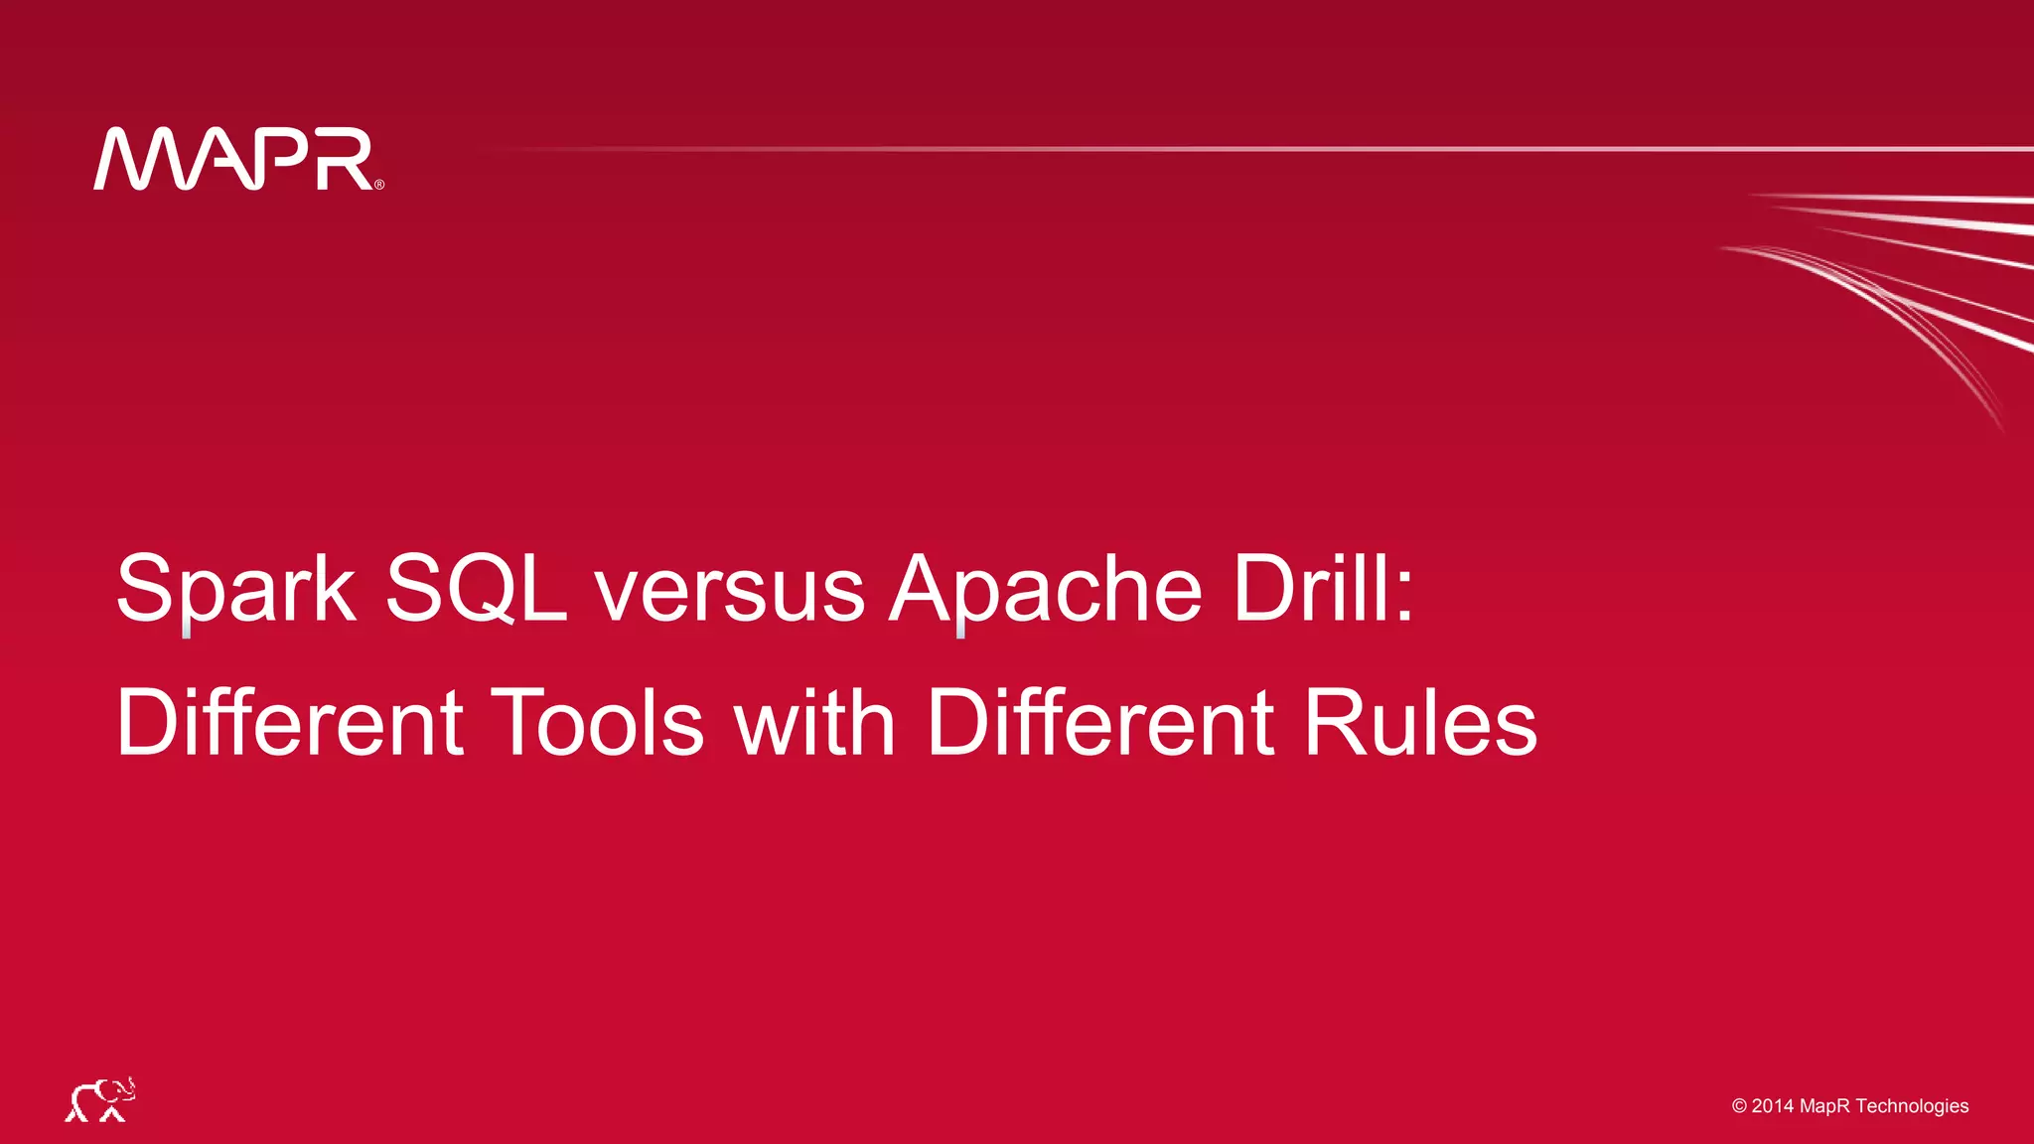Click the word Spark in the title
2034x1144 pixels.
tap(235, 589)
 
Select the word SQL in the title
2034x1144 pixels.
tap(476, 589)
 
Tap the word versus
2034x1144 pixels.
tap(730, 591)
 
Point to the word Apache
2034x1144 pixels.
tap(1046, 591)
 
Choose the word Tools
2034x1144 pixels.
tap(598, 722)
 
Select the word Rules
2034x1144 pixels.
tap(1420, 722)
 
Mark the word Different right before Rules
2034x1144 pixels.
tap(1100, 722)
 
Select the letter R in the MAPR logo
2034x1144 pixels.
tap(344, 159)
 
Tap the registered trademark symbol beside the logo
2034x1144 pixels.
tap(379, 184)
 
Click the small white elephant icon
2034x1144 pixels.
tap(100, 1099)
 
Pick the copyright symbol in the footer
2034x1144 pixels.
tap(1739, 1106)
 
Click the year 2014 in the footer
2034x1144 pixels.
tap(1773, 1106)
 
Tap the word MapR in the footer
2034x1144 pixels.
tap(1825, 1106)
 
